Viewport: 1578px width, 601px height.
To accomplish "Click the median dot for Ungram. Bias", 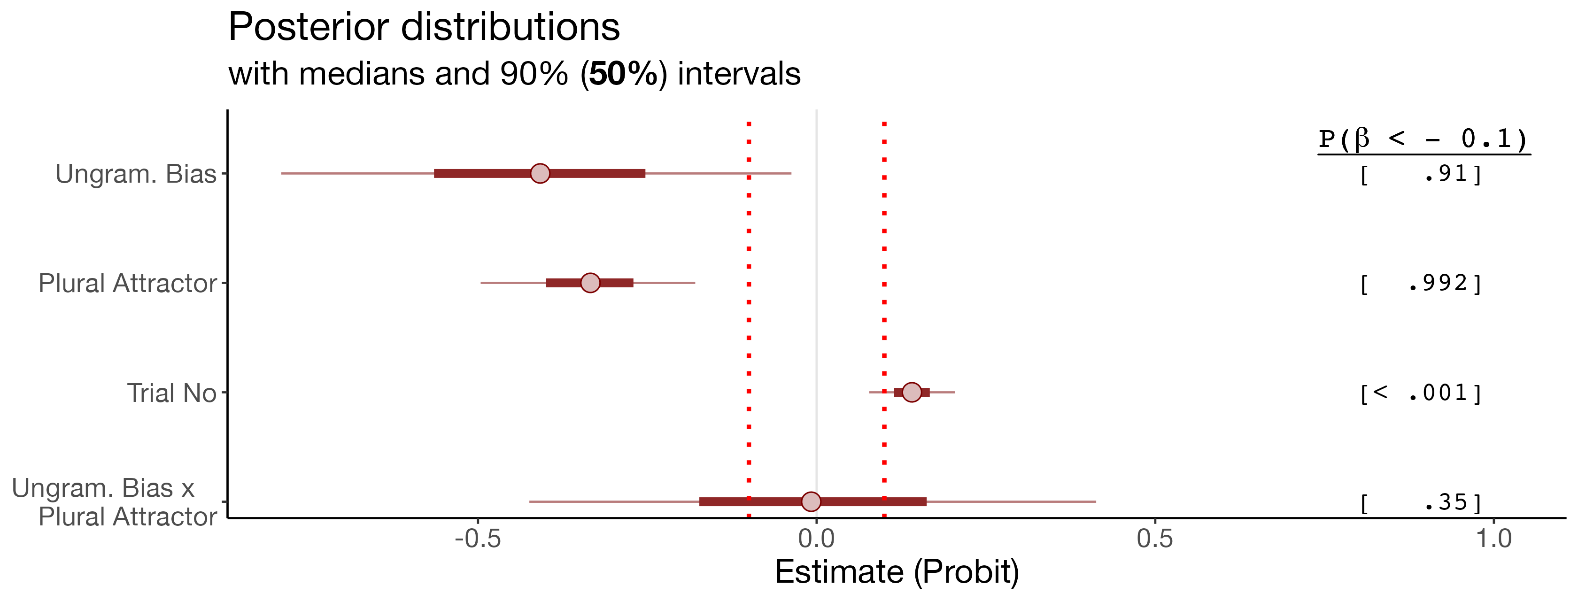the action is coord(540,173).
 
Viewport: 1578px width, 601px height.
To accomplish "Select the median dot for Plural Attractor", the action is coord(590,283).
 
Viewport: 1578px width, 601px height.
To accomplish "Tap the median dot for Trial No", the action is coord(912,392).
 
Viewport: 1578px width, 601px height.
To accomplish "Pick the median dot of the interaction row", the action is coord(811,501).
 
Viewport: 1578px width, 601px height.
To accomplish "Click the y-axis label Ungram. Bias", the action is coord(136,174).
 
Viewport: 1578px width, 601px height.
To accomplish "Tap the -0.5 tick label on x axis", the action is coord(478,539).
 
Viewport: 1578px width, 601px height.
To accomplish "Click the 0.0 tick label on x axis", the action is coord(816,539).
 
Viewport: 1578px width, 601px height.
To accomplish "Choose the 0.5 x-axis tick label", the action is coord(1155,539).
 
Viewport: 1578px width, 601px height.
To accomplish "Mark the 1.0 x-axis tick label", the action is coord(1493,539).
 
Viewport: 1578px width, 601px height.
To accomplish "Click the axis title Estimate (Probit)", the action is coord(897,572).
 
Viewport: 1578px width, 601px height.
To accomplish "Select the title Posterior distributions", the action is coord(424,27).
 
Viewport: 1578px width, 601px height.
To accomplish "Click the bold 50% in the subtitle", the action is coord(624,74).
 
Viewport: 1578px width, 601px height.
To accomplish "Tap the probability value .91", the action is coord(1446,174).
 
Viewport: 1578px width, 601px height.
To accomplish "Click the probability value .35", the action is coord(1446,502).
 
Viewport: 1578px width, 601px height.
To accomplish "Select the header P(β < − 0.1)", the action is coord(1423,139).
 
